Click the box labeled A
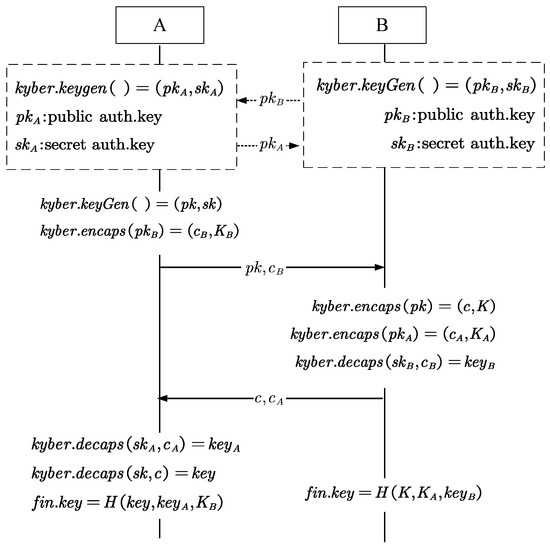click(160, 26)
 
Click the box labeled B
click(382, 26)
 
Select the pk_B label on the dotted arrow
click(271, 100)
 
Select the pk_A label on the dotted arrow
click(271, 146)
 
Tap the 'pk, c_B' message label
click(271, 267)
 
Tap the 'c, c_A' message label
click(271, 399)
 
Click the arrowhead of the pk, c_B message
click(379, 267)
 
